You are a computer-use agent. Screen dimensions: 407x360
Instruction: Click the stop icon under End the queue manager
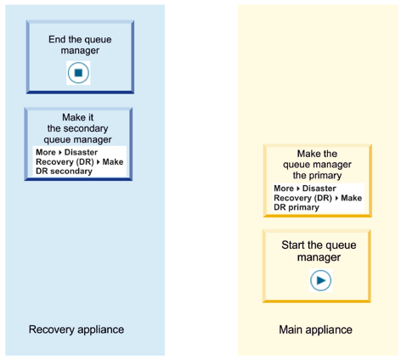click(78, 73)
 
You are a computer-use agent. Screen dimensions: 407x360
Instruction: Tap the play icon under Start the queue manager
click(320, 280)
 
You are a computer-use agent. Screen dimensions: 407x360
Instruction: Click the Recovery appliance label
click(76, 329)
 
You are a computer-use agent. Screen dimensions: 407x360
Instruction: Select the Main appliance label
click(315, 329)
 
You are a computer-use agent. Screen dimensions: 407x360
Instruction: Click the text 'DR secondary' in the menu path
click(64, 172)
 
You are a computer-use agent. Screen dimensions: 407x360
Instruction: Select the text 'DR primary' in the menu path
click(297, 207)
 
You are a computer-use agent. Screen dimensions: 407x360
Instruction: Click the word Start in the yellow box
click(293, 245)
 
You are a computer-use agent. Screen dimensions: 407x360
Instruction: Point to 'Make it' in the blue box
click(78, 117)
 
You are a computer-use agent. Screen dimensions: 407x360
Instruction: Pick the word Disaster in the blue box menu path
click(81, 152)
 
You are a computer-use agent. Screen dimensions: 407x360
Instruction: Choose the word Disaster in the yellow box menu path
click(319, 188)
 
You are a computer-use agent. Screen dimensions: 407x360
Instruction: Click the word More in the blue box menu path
click(46, 152)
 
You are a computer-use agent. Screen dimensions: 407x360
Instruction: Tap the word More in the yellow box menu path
click(284, 188)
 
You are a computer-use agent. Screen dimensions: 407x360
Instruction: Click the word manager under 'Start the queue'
click(319, 257)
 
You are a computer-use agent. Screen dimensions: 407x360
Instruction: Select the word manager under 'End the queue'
click(80, 51)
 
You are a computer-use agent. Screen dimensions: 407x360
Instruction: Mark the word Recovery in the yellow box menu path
click(291, 198)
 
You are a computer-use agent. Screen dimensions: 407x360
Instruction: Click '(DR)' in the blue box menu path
click(85, 162)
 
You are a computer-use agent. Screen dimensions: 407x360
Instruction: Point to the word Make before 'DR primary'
click(351, 198)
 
